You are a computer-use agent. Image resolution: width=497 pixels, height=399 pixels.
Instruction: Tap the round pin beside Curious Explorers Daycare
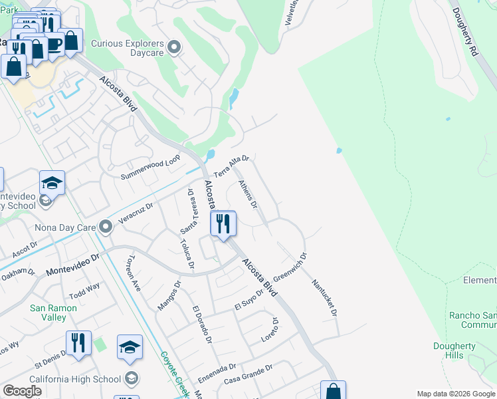point(175,47)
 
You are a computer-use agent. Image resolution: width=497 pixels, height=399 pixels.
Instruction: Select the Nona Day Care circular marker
point(105,227)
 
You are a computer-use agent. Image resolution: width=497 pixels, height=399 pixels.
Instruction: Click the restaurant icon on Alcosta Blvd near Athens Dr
point(223,223)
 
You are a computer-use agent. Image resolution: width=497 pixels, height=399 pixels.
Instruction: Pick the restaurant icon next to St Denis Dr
point(78,344)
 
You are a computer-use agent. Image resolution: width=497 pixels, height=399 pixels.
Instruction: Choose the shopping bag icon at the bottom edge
point(333,392)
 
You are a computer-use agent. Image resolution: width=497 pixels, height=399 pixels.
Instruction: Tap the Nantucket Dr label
point(326,297)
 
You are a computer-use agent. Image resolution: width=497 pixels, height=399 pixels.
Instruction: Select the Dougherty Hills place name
point(458,350)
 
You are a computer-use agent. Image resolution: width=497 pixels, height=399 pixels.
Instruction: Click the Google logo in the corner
point(22,391)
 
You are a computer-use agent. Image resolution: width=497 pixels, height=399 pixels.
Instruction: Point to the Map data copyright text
point(455,393)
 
